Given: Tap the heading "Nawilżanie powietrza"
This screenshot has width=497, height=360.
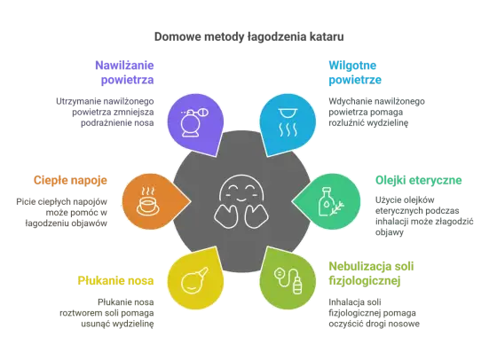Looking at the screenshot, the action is [124, 72].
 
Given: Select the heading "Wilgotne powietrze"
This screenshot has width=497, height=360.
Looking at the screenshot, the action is [355, 72].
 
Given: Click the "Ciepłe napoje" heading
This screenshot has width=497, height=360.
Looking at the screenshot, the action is [70, 180].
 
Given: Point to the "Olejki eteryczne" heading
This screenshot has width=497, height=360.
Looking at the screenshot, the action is [418, 180].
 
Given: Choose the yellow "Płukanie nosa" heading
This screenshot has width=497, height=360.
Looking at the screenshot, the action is [115, 280].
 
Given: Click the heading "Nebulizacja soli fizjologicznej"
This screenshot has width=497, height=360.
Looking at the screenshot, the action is [371, 274].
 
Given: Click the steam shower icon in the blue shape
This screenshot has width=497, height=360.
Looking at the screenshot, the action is [288, 122].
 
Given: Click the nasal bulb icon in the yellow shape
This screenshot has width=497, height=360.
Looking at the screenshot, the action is [194, 280].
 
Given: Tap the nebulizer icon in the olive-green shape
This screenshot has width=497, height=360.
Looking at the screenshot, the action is [288, 280].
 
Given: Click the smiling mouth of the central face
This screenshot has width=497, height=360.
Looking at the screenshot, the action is [241, 200].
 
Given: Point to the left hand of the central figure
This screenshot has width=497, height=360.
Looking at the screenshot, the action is [225, 216].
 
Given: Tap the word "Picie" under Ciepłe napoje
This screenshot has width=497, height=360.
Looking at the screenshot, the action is [25, 201].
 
